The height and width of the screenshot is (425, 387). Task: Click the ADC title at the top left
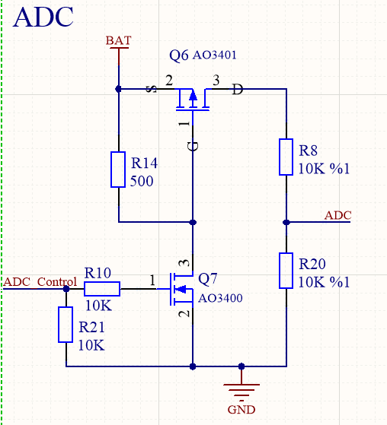click(x=43, y=17)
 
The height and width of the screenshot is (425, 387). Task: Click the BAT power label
click(x=118, y=40)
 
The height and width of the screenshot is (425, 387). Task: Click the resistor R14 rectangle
click(x=118, y=170)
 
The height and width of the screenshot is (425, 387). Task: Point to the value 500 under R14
click(x=142, y=182)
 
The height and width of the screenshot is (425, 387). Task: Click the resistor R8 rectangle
click(x=286, y=157)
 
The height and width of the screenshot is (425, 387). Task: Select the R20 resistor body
click(x=286, y=271)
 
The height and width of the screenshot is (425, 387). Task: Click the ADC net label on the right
click(x=338, y=215)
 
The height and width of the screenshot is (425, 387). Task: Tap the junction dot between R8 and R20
click(x=286, y=222)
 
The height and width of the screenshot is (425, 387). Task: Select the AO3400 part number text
click(x=220, y=298)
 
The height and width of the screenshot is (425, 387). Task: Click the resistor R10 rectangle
click(x=101, y=288)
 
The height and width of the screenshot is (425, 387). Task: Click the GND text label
click(x=241, y=410)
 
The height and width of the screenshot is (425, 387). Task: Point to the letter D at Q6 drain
click(x=238, y=90)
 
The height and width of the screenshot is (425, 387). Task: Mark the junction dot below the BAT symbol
click(x=118, y=89)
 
